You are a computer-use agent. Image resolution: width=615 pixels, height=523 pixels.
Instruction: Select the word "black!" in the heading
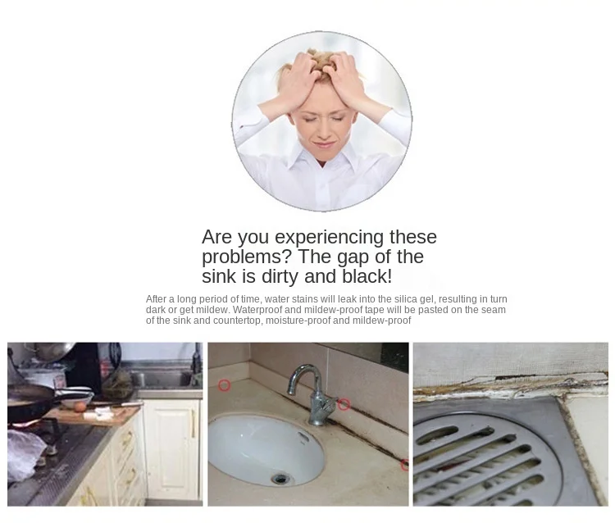(367, 276)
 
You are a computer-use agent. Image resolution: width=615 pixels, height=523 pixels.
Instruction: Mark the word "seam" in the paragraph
(494, 310)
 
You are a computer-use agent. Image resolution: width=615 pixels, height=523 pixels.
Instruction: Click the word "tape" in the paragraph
(373, 310)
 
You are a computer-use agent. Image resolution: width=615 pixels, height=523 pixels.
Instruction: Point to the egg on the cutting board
(80, 407)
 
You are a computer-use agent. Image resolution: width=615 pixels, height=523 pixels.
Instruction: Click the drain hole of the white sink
(280, 478)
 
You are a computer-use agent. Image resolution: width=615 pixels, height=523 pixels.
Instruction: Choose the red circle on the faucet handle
(344, 404)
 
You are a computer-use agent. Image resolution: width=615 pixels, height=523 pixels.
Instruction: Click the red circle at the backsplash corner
(224, 385)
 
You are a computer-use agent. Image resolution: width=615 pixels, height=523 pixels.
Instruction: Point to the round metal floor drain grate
(485, 460)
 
